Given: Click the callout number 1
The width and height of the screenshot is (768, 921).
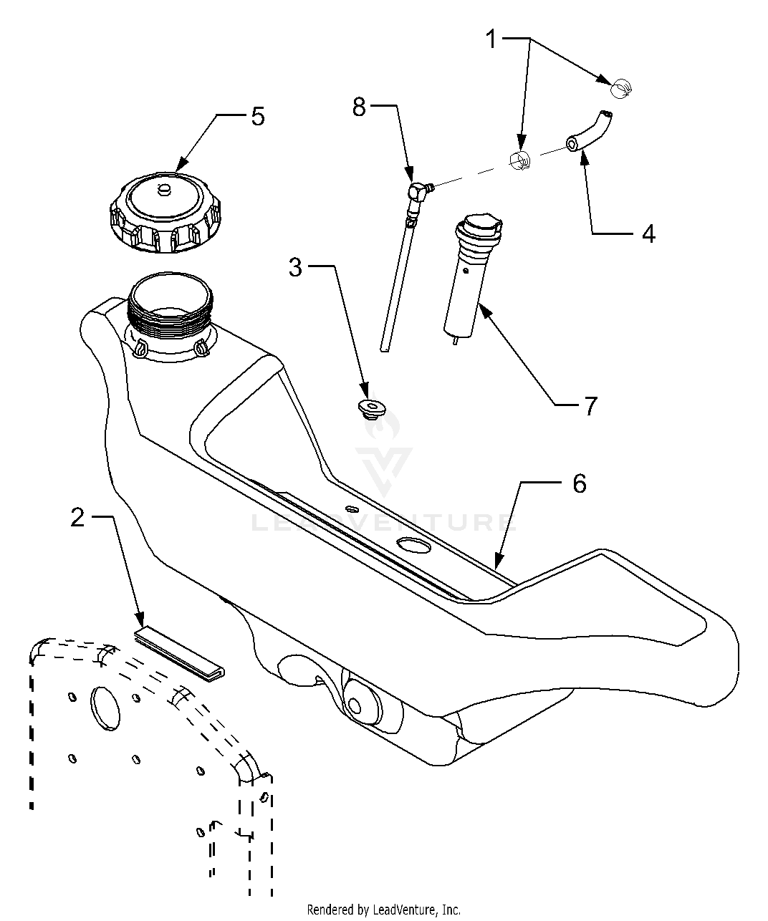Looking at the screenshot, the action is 491,39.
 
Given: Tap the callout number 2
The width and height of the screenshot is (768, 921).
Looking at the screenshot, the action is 77,518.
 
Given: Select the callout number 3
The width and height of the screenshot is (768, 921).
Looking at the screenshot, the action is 295,268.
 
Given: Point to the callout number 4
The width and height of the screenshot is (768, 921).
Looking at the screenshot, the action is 648,233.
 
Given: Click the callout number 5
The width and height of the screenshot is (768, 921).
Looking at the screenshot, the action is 258,117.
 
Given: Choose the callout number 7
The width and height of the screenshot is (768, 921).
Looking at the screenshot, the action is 590,406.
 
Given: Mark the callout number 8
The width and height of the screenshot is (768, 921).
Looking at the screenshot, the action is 359,107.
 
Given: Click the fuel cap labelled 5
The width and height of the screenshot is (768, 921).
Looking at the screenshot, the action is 165,213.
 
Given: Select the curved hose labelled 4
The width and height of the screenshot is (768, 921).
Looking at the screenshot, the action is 589,132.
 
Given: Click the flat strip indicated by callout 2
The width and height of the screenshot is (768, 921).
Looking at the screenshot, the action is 180,655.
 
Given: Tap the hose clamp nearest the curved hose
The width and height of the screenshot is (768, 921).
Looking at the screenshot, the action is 520,160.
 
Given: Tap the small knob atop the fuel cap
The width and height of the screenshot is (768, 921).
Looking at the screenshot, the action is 164,190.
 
